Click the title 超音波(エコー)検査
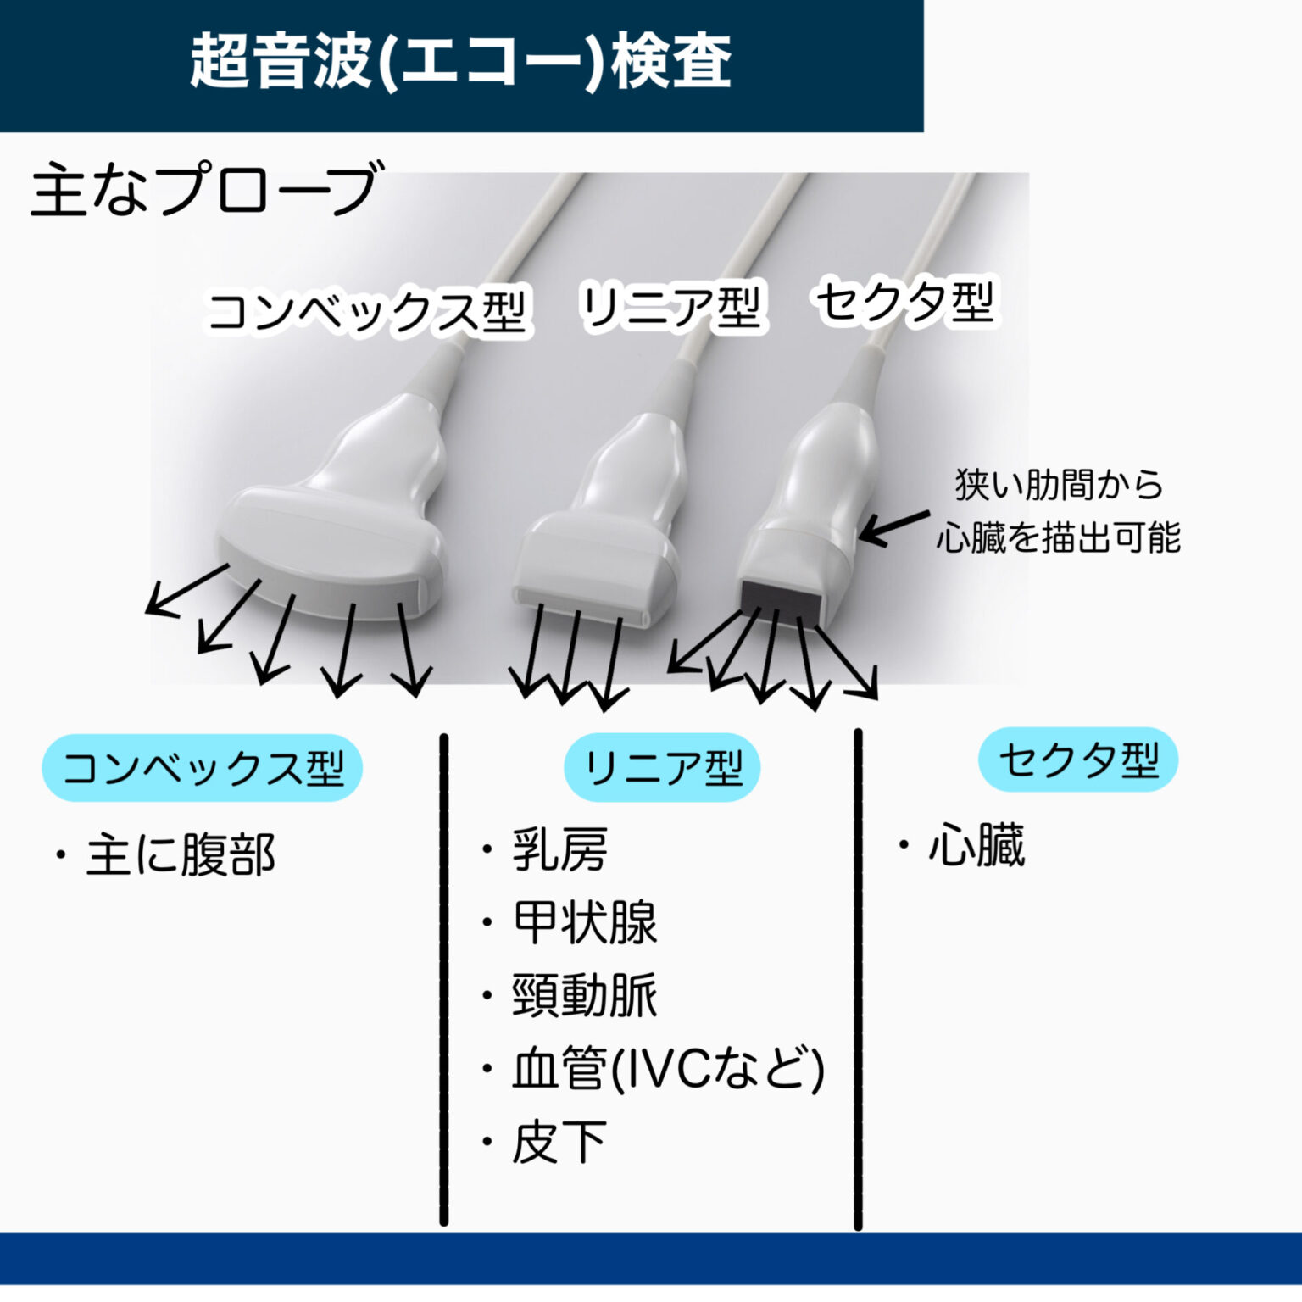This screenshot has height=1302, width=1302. pyautogui.click(x=460, y=61)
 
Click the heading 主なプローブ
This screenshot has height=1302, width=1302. pyautogui.click(x=203, y=189)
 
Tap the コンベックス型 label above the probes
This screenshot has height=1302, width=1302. pyautogui.click(x=366, y=312)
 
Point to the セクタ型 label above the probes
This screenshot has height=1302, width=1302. pyautogui.click(x=904, y=302)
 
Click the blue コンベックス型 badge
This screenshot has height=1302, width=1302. pyautogui.click(x=203, y=768)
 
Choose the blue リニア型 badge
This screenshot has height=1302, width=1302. pyautogui.click(x=662, y=767)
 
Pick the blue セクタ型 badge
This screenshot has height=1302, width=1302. pyautogui.click(x=1078, y=759)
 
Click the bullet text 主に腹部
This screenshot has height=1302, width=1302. pyautogui.click(x=180, y=854)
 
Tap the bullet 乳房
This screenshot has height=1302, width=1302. pyautogui.click(x=559, y=849)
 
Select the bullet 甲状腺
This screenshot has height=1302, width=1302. pyautogui.click(x=584, y=922)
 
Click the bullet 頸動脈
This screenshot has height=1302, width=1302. pyautogui.click(x=584, y=995)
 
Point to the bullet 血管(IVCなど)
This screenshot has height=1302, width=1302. pyautogui.click(x=667, y=1068)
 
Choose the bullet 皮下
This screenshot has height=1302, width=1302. pyautogui.click(x=559, y=1142)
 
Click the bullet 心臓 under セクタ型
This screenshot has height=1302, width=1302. pyautogui.click(x=976, y=845)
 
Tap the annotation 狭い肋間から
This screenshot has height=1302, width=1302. pyautogui.click(x=1059, y=485)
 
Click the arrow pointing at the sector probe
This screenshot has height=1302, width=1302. pyautogui.click(x=894, y=527)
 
